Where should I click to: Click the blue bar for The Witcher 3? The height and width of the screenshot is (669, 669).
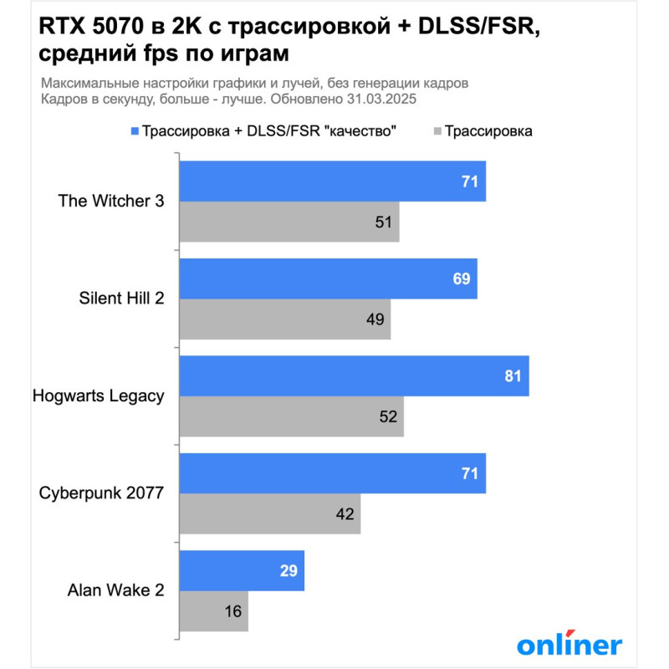pyautogui.click(x=333, y=181)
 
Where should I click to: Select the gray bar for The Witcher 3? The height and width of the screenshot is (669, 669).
pyautogui.click(x=289, y=222)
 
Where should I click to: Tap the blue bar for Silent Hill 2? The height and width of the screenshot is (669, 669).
pyautogui.click(x=329, y=278)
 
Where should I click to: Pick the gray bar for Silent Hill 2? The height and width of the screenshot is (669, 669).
pyautogui.click(x=285, y=319)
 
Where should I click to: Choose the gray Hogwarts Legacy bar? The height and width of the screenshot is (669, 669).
pyautogui.click(x=292, y=416)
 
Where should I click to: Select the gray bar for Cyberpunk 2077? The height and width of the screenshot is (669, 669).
pyautogui.click(x=270, y=513)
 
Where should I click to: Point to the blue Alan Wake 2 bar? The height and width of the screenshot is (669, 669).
pyautogui.click(x=242, y=570)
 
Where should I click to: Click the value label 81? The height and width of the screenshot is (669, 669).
pyautogui.click(x=513, y=376)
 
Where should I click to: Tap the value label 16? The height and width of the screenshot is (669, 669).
pyautogui.click(x=232, y=611)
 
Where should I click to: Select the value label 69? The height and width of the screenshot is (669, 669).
pyautogui.click(x=462, y=278)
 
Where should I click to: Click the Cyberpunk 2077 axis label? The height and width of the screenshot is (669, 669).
pyautogui.click(x=102, y=493)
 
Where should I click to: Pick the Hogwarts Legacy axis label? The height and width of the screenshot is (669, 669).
pyautogui.click(x=98, y=396)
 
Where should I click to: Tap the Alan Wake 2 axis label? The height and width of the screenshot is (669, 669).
pyautogui.click(x=115, y=590)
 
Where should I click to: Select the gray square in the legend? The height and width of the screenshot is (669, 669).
pyautogui.click(x=437, y=131)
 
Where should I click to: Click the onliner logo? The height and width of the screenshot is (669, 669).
pyautogui.click(x=569, y=644)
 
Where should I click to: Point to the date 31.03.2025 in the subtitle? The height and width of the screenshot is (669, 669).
pyautogui.click(x=380, y=99)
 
